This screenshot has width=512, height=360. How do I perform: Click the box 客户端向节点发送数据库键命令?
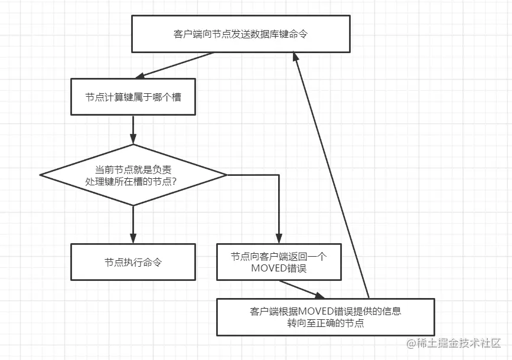[x=240, y=34]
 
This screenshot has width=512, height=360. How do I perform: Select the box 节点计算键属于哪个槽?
[x=133, y=97]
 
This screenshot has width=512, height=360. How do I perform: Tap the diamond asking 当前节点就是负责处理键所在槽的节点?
[x=133, y=175]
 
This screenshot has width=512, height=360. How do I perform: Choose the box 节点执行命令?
[x=133, y=262]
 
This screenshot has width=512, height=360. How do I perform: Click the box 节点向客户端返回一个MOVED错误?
[x=279, y=262]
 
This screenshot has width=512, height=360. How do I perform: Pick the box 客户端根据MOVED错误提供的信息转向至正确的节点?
[x=325, y=317]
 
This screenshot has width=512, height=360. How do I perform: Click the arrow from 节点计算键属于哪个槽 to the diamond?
[x=133, y=129]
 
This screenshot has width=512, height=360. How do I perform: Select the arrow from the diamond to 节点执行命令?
[x=133, y=224]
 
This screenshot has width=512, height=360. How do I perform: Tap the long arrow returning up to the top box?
[x=332, y=177]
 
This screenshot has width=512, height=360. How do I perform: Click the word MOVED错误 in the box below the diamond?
[x=279, y=269]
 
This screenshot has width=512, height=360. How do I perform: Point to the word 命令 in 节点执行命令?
[x=153, y=262]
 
